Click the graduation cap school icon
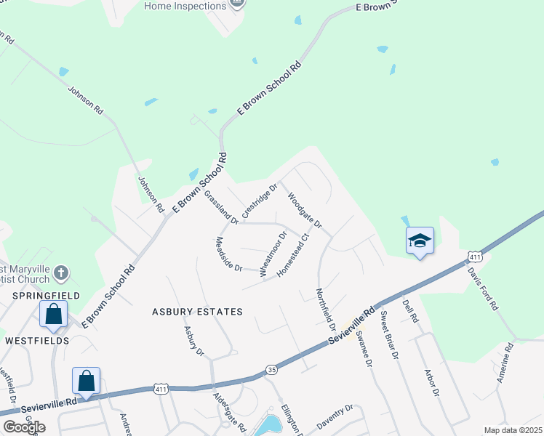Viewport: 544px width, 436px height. (x=420, y=241)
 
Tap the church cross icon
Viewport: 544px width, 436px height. (x=61, y=273)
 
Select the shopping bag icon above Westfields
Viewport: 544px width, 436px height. (x=54, y=314)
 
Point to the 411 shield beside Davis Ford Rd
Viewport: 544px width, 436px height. (x=474, y=257)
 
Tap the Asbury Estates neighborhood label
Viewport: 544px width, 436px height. (x=196, y=312)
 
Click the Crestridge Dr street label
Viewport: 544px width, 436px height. (x=260, y=201)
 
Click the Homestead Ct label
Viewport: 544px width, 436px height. (x=295, y=253)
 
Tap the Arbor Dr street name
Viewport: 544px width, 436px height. (x=432, y=382)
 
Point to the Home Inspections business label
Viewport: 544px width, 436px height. (x=185, y=7)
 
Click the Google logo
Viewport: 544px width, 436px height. (x=23, y=427)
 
